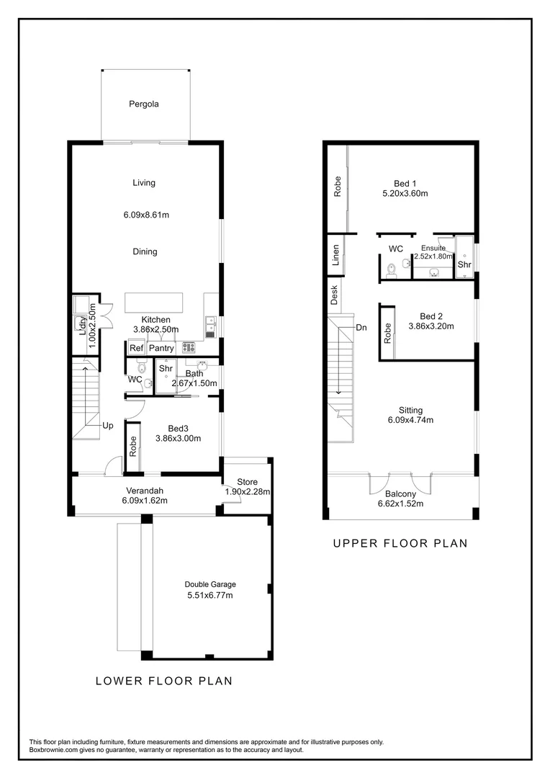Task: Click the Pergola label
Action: click(143, 104)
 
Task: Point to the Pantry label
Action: click(162, 349)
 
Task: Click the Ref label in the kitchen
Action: click(136, 349)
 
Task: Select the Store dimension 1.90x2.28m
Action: click(247, 492)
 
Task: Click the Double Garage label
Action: click(210, 584)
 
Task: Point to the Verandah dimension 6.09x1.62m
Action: click(145, 501)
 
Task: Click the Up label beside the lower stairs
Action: click(107, 426)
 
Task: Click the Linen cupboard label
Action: click(335, 256)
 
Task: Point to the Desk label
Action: click(334, 295)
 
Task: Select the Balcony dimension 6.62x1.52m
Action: click(400, 504)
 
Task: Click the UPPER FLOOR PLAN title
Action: click(400, 544)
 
